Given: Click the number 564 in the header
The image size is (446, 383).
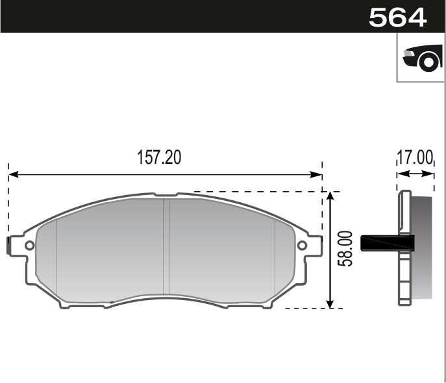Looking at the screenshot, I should (397, 17).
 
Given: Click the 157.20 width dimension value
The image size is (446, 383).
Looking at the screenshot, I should (159, 157).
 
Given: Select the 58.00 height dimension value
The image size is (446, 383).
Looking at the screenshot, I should (345, 249).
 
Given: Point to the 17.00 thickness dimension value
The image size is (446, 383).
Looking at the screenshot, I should (415, 157).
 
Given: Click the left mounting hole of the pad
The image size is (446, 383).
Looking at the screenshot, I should (29, 246).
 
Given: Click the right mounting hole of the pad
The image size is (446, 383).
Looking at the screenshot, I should (302, 246).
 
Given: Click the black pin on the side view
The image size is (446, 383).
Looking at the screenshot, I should (387, 242).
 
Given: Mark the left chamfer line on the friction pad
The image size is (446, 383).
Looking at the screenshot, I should (57, 256).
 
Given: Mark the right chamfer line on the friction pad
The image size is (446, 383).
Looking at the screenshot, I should (275, 256).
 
